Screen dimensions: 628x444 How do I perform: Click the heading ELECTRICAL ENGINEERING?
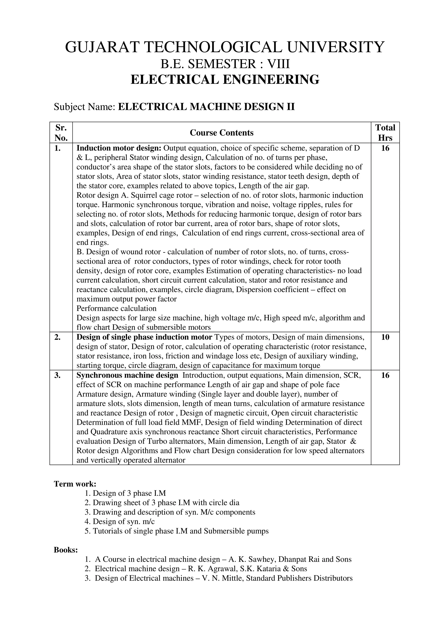click(225, 80)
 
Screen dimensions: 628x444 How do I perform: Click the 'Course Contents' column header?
click(222, 133)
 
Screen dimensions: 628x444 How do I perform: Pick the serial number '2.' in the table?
click(57, 337)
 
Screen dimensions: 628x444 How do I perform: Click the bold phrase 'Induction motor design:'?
click(119, 148)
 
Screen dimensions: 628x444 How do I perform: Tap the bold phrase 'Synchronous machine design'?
click(127, 375)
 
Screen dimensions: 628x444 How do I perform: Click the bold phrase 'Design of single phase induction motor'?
click(144, 337)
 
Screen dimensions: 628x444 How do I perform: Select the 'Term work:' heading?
click(75, 484)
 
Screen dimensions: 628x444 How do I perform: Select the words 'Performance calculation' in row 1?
click(116, 309)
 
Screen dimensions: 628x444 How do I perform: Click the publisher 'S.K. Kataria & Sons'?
click(274, 569)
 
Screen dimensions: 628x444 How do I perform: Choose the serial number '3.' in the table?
click(57, 375)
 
